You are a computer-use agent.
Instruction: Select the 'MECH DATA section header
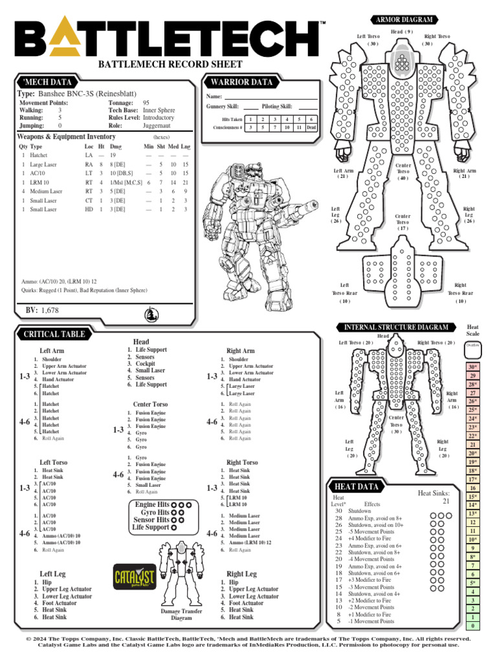click(x=45, y=82)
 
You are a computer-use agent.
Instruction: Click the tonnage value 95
click(x=146, y=103)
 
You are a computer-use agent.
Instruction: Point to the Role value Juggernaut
click(x=159, y=126)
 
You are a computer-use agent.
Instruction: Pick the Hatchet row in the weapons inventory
click(x=39, y=156)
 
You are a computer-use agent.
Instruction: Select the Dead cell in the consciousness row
click(x=311, y=127)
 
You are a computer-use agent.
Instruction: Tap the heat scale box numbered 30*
click(x=473, y=367)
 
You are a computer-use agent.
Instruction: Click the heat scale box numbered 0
click(x=473, y=626)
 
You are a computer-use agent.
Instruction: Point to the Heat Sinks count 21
click(x=447, y=501)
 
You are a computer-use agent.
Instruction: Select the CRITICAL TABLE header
click(x=54, y=334)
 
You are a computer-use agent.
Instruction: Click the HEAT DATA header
click(x=356, y=486)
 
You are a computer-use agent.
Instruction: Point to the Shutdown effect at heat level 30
click(x=360, y=511)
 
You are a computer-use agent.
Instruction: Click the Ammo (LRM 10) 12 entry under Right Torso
click(x=250, y=542)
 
